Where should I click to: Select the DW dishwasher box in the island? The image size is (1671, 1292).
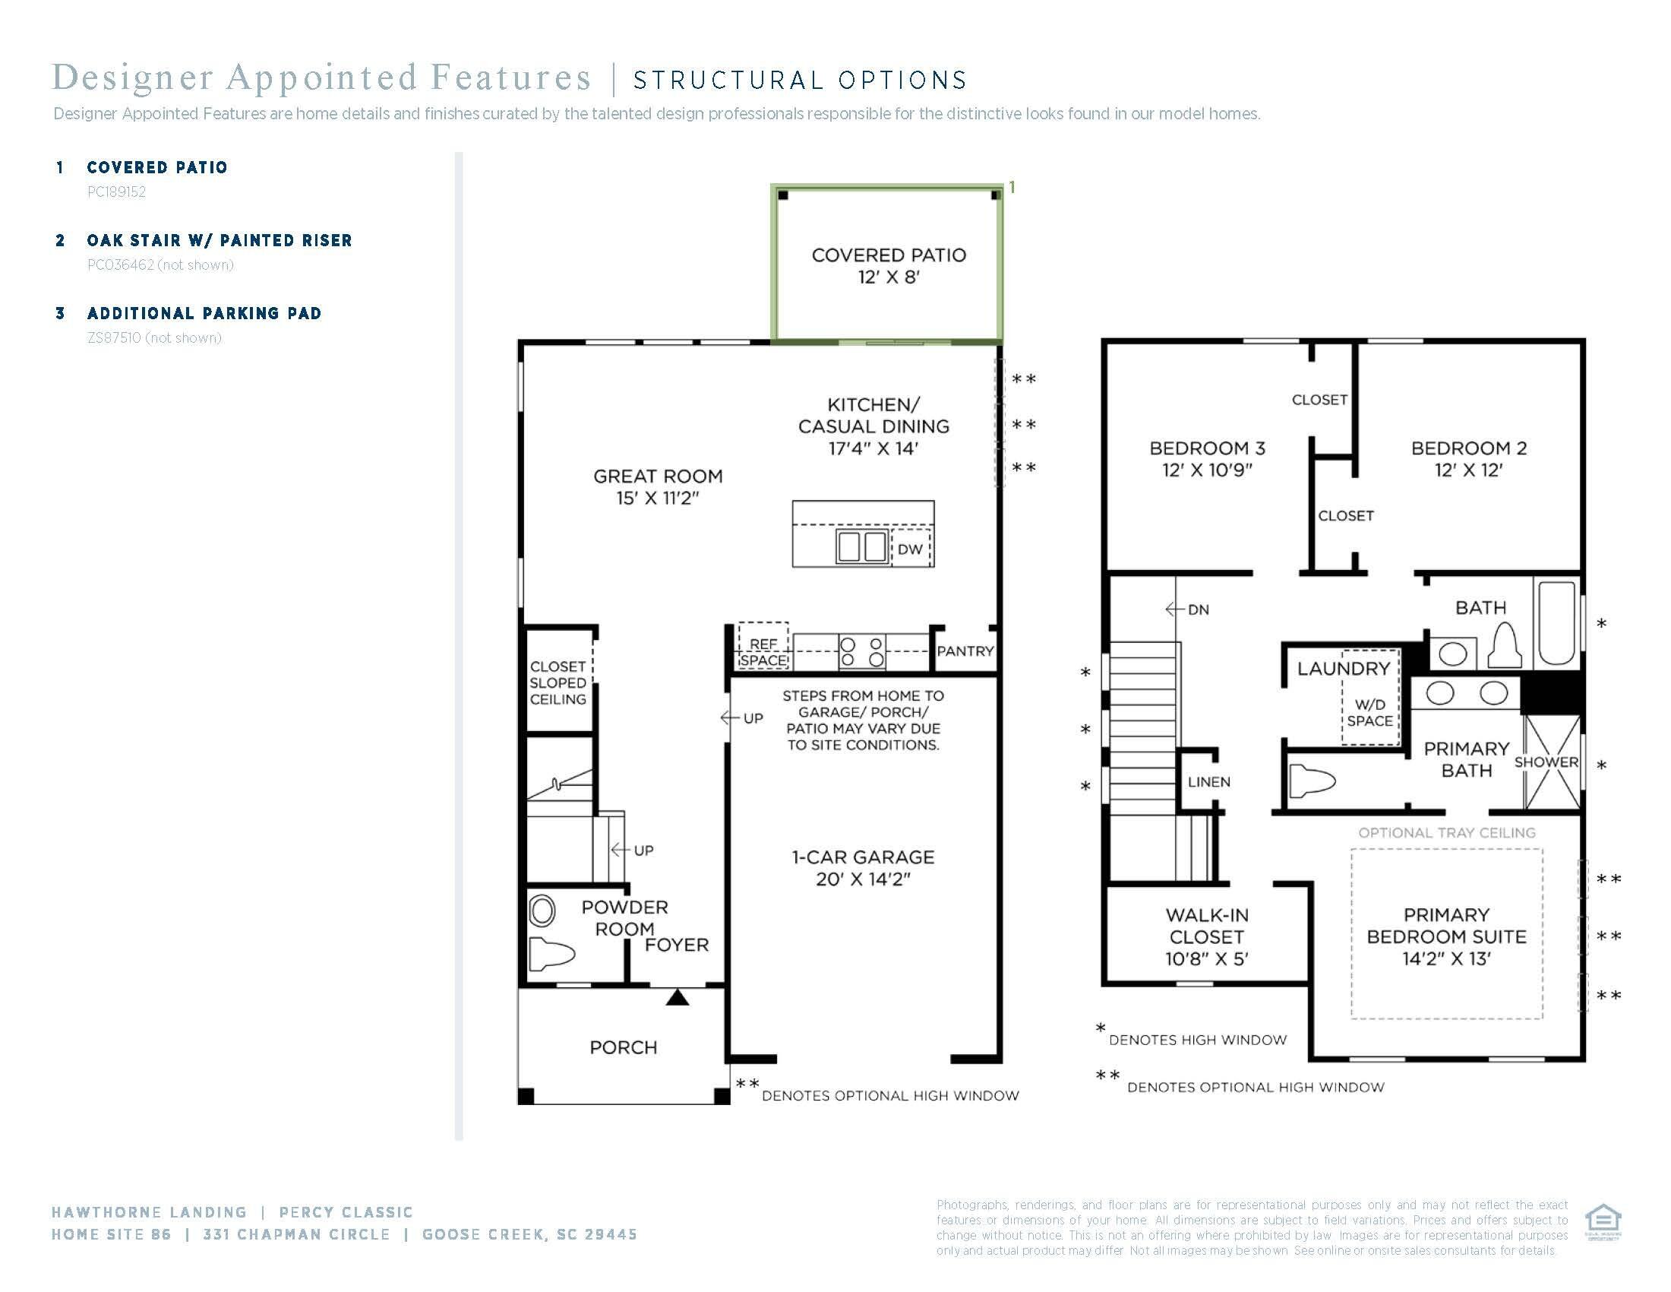coord(911,548)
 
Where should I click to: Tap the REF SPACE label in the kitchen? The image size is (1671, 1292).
coord(763,652)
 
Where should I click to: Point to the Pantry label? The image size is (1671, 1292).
coord(965,651)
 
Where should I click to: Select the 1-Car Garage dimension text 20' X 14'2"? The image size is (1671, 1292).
coord(863,879)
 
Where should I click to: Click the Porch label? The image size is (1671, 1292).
coord(623,1047)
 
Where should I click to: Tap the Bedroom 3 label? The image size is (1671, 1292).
coord(1208,448)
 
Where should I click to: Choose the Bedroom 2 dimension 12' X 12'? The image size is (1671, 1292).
coord(1468,470)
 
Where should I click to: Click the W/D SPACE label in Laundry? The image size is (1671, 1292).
coord(1369,713)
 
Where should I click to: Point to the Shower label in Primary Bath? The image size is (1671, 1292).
coord(1546,762)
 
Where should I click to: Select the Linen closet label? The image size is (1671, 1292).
coord(1209,781)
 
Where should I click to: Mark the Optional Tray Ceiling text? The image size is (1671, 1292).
coord(1447,833)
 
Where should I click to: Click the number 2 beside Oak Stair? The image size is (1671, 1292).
coord(61,240)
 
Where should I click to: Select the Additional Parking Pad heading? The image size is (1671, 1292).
coord(204,313)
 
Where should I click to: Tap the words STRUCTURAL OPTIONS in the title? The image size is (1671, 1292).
coord(801,81)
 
